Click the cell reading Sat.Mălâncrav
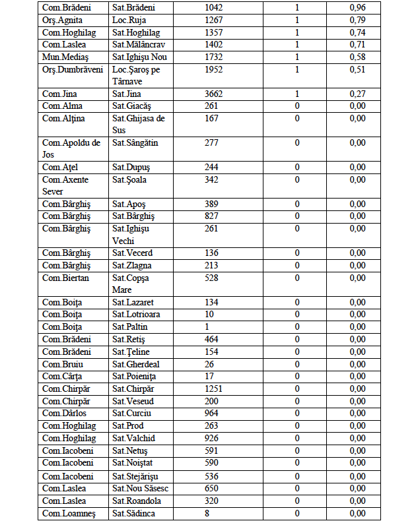[x=139, y=45]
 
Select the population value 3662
[x=215, y=94]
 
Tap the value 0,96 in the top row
[x=357, y=8]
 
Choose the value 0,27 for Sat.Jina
[x=357, y=94]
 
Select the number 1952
[x=215, y=69]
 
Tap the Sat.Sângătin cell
[x=135, y=143]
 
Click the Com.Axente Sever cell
[x=65, y=185]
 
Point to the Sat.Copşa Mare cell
[x=131, y=284]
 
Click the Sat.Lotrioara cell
[x=136, y=315]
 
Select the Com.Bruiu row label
[x=61, y=364]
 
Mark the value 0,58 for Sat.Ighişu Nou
[x=357, y=57]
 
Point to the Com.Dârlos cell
[x=64, y=414]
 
